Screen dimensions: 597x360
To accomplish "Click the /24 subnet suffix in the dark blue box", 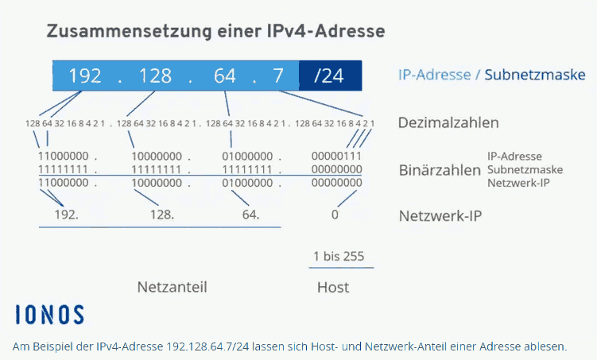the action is [x=329, y=75].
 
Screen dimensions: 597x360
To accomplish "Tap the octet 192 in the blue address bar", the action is [x=85, y=75].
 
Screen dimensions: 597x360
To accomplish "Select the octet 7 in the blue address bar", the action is [x=278, y=75].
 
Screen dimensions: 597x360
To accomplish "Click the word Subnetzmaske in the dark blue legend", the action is [x=534, y=75].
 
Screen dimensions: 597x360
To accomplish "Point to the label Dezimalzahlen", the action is [x=448, y=122].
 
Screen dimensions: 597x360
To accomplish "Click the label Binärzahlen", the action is [x=440, y=170].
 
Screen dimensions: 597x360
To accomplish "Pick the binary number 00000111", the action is [x=336, y=156].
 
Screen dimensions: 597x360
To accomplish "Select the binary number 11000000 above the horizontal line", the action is [x=64, y=156].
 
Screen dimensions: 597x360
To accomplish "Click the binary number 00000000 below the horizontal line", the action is [x=336, y=183].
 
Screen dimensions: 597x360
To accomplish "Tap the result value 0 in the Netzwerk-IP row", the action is [x=335, y=215].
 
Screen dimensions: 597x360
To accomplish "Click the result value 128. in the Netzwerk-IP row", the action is [x=162, y=215].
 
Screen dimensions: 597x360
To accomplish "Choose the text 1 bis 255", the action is [x=339, y=256].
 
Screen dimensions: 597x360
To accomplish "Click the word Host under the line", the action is [x=333, y=288].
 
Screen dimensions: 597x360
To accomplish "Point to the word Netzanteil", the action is [x=172, y=287].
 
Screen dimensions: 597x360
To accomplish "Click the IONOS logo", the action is [x=49, y=315].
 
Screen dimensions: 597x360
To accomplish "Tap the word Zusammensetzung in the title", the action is [x=129, y=32].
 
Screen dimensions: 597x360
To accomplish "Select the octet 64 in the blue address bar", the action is [x=225, y=75].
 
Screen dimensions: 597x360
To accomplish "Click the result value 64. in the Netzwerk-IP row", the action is [x=251, y=215].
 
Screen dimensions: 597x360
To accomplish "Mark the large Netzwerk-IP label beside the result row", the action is [x=440, y=216].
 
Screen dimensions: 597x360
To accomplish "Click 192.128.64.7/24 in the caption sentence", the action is [x=208, y=346].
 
